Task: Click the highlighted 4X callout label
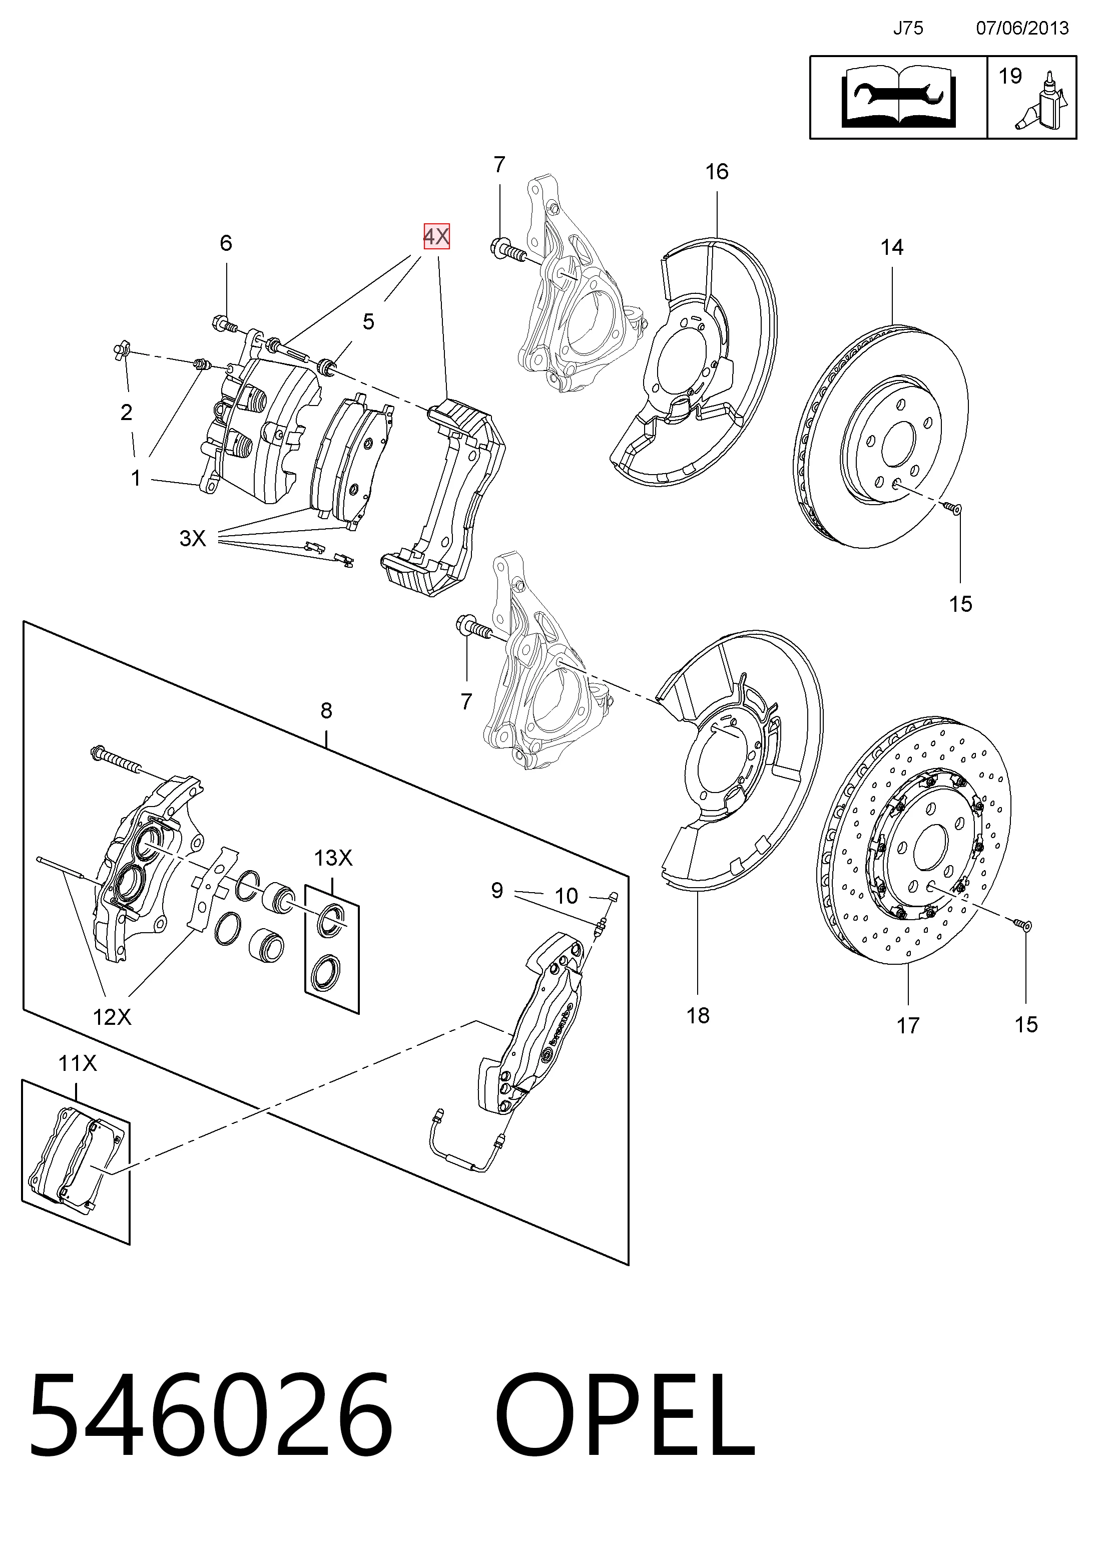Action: (436, 236)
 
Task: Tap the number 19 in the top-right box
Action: (1010, 76)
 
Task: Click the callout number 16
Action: (717, 171)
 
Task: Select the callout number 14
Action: (891, 247)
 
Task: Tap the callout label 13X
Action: (333, 858)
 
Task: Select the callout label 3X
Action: (193, 538)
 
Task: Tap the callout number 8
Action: (326, 710)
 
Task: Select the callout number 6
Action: (226, 242)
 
